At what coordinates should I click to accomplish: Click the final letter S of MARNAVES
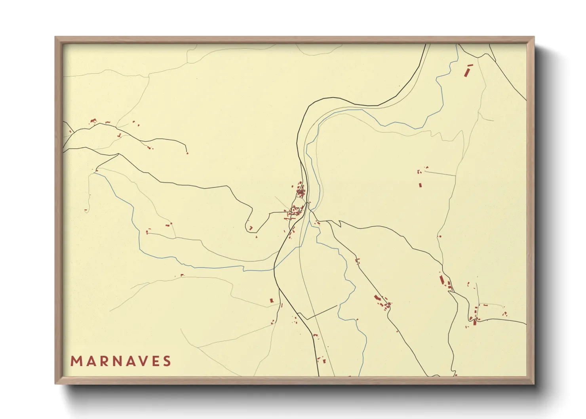click(167, 361)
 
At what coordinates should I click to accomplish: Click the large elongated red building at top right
click(466, 73)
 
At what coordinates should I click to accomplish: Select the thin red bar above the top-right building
click(470, 65)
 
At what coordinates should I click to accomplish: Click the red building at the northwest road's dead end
click(187, 153)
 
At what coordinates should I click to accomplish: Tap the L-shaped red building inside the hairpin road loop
click(251, 228)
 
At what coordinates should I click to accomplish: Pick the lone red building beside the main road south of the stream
click(272, 301)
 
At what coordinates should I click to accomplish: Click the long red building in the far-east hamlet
click(442, 280)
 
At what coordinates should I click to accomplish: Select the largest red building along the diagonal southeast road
click(377, 297)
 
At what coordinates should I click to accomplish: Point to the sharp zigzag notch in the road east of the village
click(339, 224)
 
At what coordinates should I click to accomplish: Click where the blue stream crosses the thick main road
click(274, 268)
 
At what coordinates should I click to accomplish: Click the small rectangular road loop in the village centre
click(295, 209)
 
